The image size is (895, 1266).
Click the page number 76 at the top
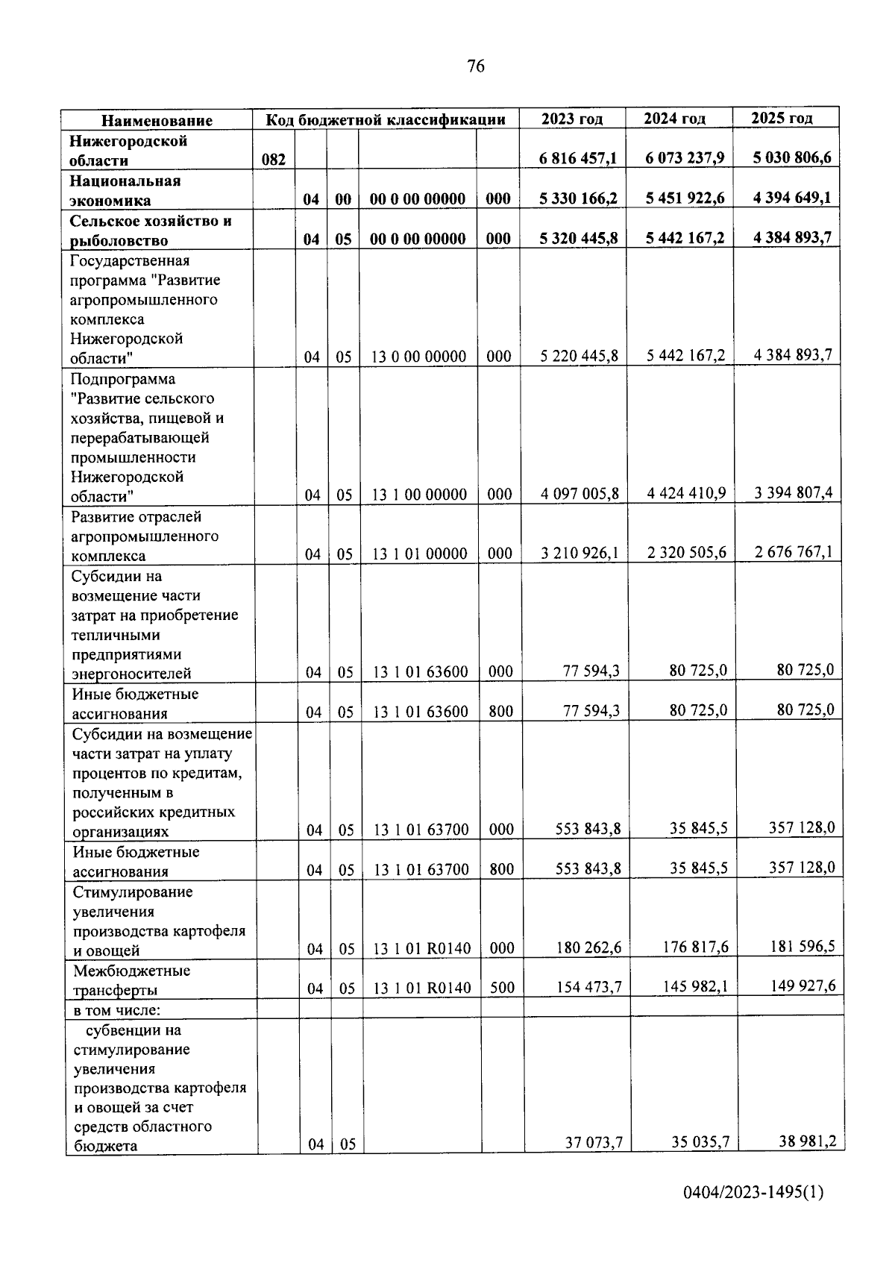coord(475,66)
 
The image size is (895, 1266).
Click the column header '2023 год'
coord(571,119)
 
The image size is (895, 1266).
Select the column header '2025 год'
coord(782,118)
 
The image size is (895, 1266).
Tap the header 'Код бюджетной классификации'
coord(386,119)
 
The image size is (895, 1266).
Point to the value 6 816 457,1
coord(578,158)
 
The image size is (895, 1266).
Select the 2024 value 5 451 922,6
coord(685,198)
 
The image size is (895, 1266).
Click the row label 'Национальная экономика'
coord(125,190)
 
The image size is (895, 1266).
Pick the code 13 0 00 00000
coord(418,357)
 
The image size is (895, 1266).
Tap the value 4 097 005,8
coord(580,494)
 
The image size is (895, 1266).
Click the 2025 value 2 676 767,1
coord(793,552)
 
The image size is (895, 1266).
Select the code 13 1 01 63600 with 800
coord(421,712)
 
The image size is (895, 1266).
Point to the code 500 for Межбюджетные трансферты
coord(502,988)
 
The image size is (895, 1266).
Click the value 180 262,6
coord(588,948)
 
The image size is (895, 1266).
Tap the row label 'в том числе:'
coord(117,1010)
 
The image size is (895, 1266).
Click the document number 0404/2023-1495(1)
coord(753,1214)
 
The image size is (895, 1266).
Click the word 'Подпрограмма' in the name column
coord(123,379)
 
